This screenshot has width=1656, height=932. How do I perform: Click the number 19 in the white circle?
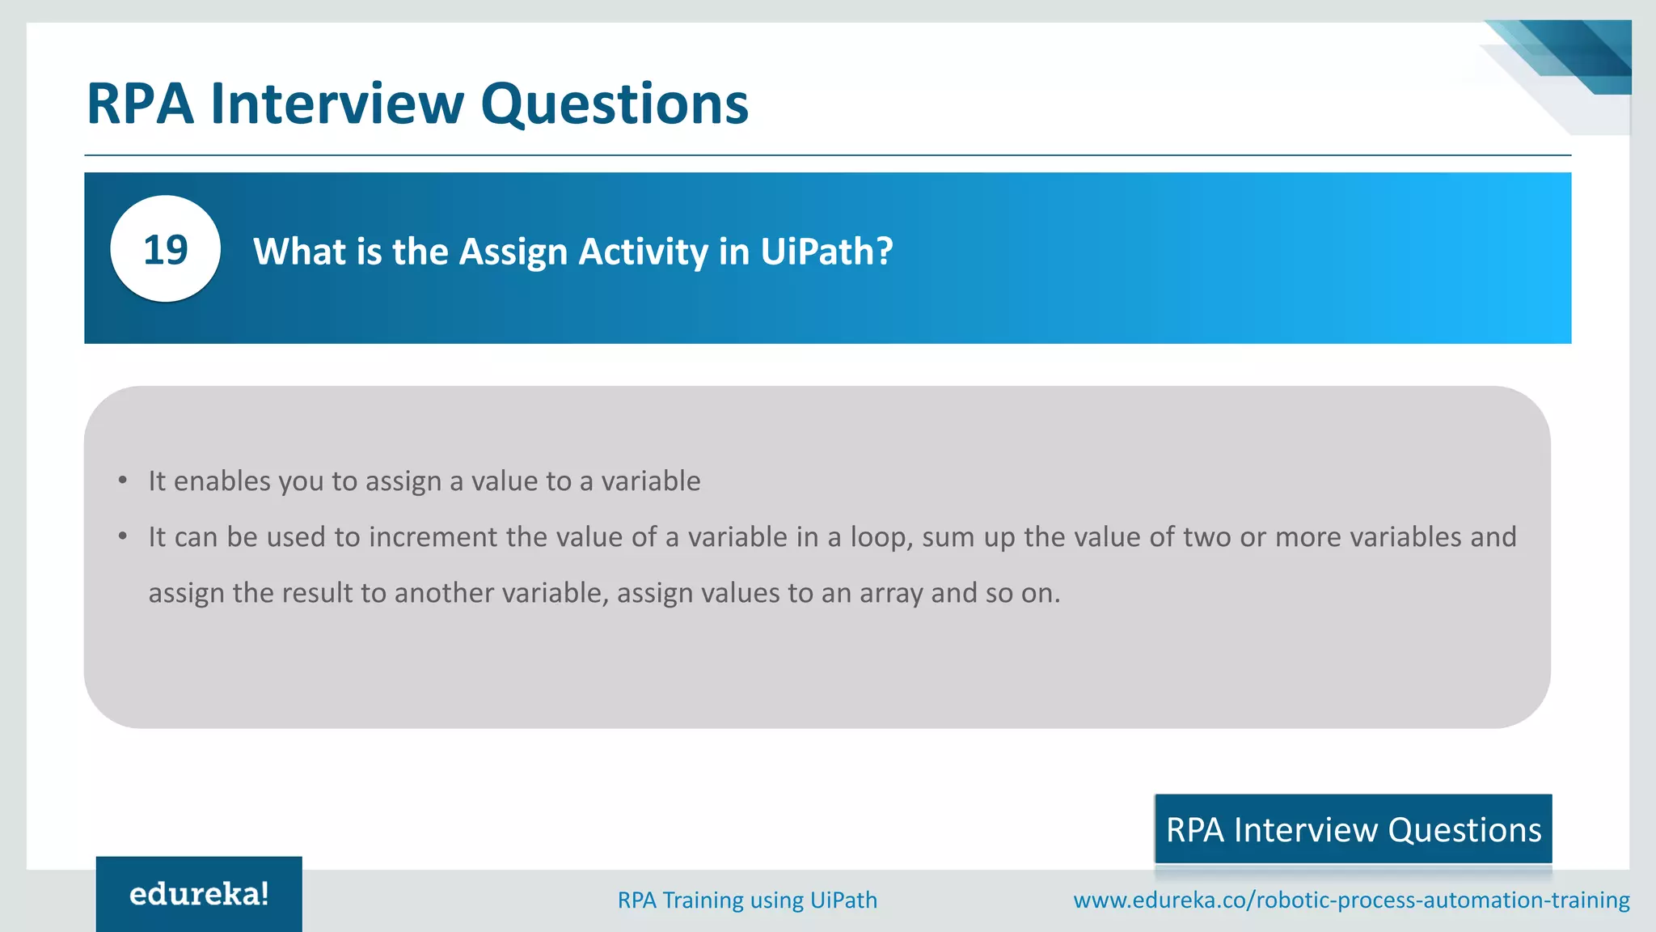pyautogui.click(x=165, y=250)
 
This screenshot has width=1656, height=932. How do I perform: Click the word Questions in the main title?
pyautogui.click(x=615, y=104)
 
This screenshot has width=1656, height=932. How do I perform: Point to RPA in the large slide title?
pyautogui.click(x=140, y=104)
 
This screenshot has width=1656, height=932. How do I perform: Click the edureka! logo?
pyautogui.click(x=199, y=894)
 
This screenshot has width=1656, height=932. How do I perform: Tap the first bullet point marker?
pyautogui.click(x=123, y=481)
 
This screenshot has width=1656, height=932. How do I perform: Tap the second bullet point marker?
pyautogui.click(x=123, y=537)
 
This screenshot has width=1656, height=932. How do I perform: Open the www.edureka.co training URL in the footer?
pyautogui.click(x=1350, y=900)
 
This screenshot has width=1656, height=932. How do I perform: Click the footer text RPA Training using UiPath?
pyautogui.click(x=747, y=900)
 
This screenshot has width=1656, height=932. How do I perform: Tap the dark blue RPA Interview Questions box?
pyautogui.click(x=1353, y=829)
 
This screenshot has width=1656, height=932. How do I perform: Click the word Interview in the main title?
pyautogui.click(x=336, y=104)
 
